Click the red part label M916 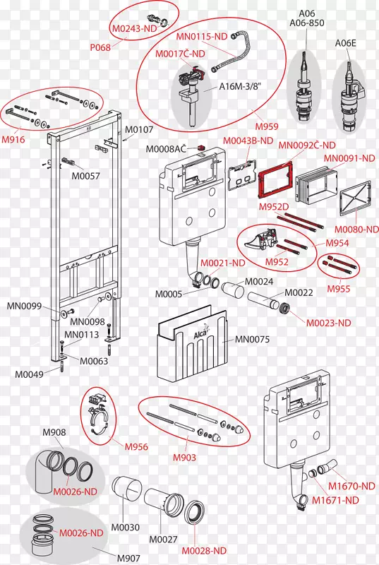pyautogui.click(x=13, y=139)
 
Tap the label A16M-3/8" pyautogui.click(x=240, y=87)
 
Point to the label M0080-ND pyautogui.click(x=356, y=229)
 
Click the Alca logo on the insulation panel pyautogui.click(x=201, y=333)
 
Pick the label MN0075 pyautogui.click(x=252, y=340)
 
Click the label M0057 pyautogui.click(x=85, y=176)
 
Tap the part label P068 pyautogui.click(x=100, y=47)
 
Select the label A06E pyautogui.click(x=346, y=43)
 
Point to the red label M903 pyautogui.click(x=184, y=458)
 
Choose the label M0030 pyautogui.click(x=125, y=528)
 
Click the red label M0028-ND pyautogui.click(x=204, y=551)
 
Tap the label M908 pyautogui.click(x=54, y=432)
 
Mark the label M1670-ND pyautogui.click(x=351, y=486)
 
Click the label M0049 pyautogui.click(x=29, y=374)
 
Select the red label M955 pyautogui.click(x=338, y=289)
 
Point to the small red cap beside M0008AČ pyautogui.click(x=201, y=148)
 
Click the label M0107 pyautogui.click(x=139, y=129)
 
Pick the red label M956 pyautogui.click(x=136, y=447)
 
